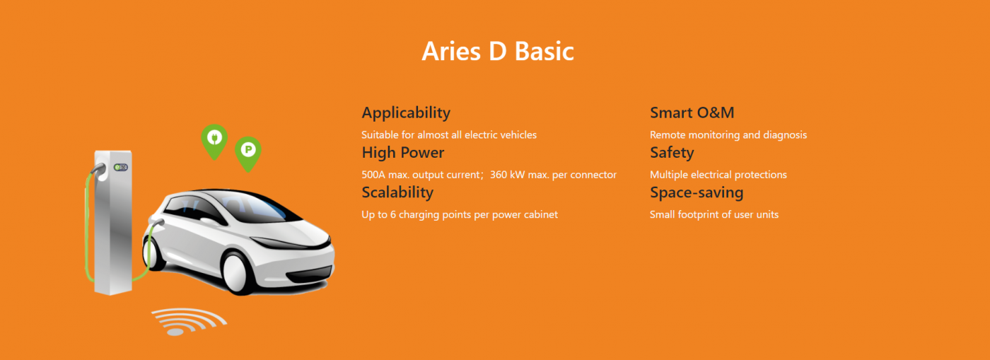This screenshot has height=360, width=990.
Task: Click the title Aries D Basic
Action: click(498, 52)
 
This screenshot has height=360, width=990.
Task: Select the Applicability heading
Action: click(406, 113)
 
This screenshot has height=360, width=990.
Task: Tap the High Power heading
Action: click(402, 153)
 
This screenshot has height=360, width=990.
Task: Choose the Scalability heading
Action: click(397, 192)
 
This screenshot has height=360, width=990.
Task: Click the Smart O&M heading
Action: click(692, 112)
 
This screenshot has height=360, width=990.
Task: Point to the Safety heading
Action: click(672, 153)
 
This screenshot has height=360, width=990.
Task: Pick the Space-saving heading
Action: click(697, 193)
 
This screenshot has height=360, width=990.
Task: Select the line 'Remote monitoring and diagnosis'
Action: click(728, 135)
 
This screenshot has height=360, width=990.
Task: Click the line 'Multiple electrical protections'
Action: click(718, 175)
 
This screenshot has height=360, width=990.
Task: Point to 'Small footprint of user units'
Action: click(714, 214)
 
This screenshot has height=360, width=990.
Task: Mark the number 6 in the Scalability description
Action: click(393, 214)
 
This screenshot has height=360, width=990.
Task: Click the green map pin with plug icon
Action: click(214, 141)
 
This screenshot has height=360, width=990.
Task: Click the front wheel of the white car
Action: click(238, 272)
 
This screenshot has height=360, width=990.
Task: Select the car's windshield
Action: click(256, 207)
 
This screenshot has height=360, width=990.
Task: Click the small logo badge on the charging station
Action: click(121, 167)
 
